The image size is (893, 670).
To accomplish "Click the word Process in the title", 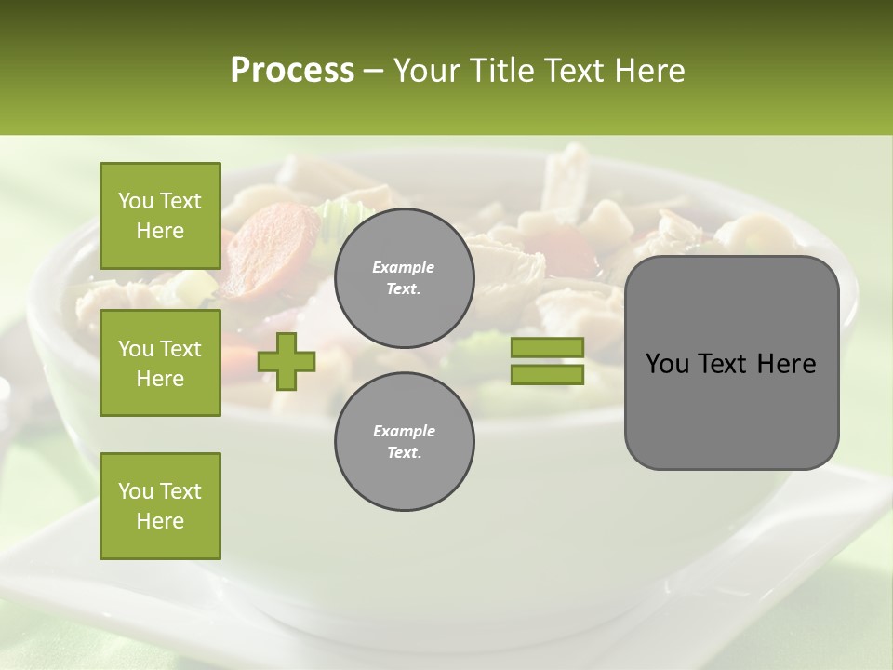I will point(292,71).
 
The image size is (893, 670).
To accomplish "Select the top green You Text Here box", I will point(160,216).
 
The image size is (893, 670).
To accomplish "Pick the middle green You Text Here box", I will point(160,363).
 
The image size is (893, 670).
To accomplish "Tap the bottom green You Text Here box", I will point(160,506).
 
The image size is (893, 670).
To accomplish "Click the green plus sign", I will point(287,361).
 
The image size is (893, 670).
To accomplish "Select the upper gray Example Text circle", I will point(404,277).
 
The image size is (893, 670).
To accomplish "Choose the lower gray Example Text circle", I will point(404,441).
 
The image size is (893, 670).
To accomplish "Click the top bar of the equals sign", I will point(547,347).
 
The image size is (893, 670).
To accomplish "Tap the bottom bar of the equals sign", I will point(547,375).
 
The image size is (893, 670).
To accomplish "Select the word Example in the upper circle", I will point(404,267).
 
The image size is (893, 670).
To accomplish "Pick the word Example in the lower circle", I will point(404,431).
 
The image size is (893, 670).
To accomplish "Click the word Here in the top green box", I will point(160,231).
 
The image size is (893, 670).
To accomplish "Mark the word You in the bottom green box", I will point(136,491).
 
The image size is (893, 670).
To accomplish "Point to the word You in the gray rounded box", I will point(667,364).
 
